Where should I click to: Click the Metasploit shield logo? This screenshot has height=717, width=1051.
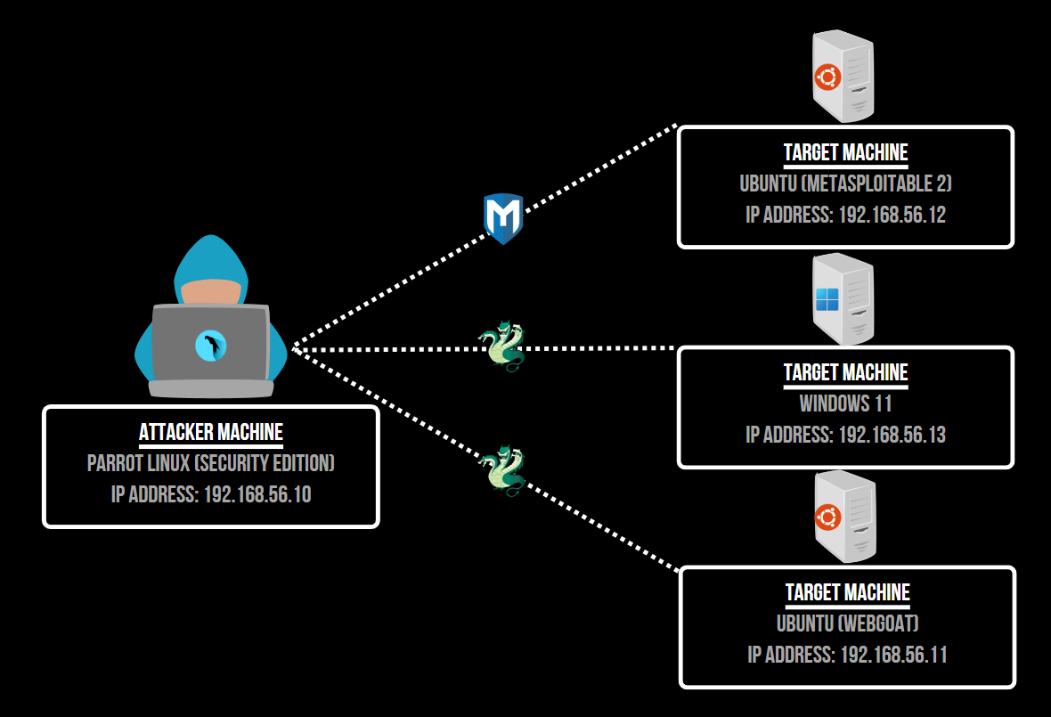click(x=502, y=217)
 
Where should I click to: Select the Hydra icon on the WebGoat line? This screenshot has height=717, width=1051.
click(x=501, y=469)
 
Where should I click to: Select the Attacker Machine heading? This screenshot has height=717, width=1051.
click(x=211, y=433)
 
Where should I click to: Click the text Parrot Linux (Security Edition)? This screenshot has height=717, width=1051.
click(x=211, y=464)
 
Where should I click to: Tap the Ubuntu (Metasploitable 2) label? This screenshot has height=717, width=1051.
click(x=845, y=184)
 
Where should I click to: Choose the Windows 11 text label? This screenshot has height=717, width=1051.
click(x=845, y=403)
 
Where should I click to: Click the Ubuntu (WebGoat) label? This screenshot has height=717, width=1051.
click(x=847, y=623)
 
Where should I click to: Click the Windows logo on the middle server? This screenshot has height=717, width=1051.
click(x=827, y=298)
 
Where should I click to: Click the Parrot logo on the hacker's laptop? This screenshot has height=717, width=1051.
click(x=211, y=346)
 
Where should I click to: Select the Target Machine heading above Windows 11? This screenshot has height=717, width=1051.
click(x=845, y=372)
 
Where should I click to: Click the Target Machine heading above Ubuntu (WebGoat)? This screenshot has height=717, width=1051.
click(x=847, y=592)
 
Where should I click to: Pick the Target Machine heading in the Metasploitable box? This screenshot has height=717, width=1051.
click(x=845, y=152)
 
